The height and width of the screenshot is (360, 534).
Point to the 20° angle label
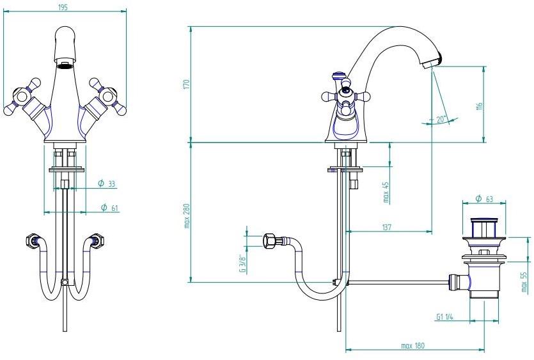(x=441, y=119)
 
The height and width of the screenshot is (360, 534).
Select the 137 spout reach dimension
(x=388, y=227)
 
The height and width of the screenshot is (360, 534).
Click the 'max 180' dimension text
(x=413, y=346)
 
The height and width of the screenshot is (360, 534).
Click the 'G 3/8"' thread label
(x=243, y=260)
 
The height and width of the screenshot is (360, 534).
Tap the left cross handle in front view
(x=24, y=97)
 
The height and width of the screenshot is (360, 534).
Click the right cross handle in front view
(x=104, y=97)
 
